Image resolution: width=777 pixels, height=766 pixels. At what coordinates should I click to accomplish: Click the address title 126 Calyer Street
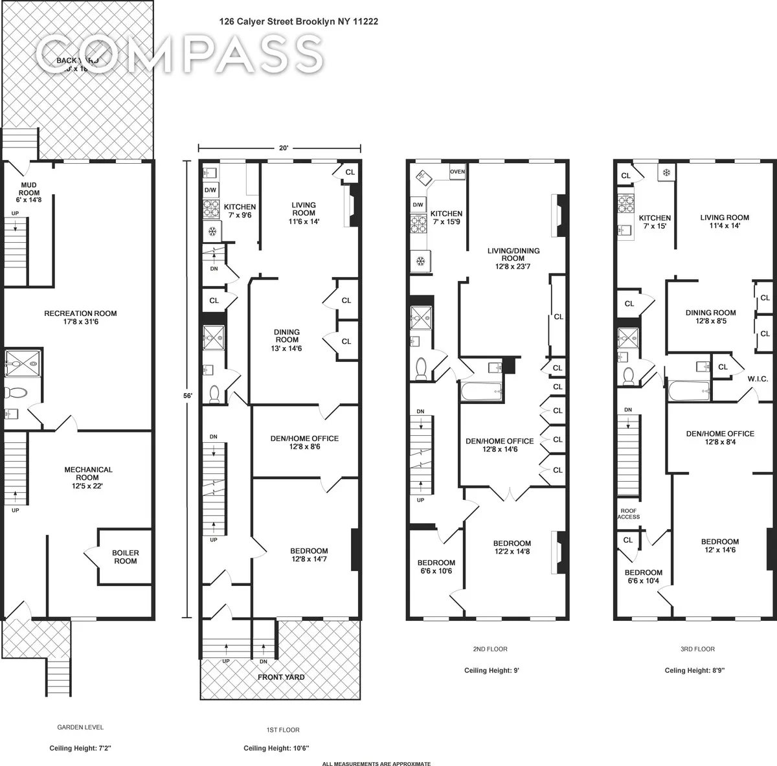pos(298,21)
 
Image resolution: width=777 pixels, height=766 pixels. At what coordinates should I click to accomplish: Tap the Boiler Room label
pos(125,557)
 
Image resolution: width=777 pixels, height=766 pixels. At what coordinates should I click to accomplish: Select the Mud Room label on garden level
pos(28,192)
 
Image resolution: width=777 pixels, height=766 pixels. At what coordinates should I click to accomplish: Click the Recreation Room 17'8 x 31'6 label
pos(80,318)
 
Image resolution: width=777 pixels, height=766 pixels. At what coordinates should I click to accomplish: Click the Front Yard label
pos(281,677)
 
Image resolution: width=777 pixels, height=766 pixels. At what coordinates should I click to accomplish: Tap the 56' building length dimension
pos(188,390)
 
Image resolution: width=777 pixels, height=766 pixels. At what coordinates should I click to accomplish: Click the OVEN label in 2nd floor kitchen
pos(457,172)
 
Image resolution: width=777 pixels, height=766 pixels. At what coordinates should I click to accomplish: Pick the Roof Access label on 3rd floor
pos(628,513)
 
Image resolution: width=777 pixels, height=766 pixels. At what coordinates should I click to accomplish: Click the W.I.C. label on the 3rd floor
pos(757,379)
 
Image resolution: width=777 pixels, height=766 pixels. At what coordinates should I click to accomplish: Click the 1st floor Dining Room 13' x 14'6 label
pos(287,340)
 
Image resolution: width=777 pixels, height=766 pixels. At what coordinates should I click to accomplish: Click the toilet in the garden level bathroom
pos(14,392)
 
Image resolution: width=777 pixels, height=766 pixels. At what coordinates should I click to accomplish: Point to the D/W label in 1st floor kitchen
pos(210,190)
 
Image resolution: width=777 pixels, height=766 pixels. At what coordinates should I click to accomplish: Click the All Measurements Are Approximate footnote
pos(376,763)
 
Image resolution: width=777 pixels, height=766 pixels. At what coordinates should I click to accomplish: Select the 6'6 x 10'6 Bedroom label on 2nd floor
pos(436,567)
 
